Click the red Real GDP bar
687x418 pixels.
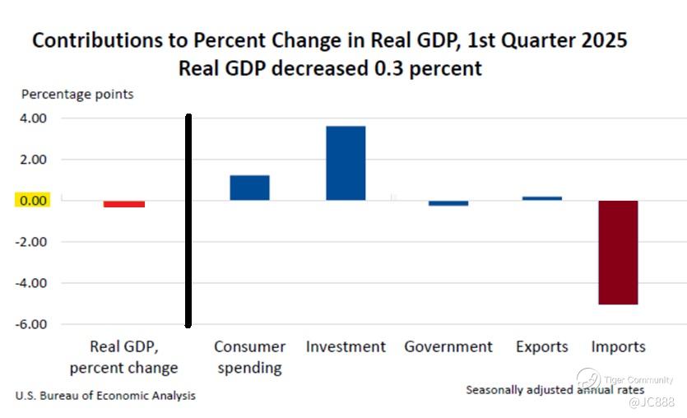click(124, 204)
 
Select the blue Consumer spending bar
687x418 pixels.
click(249, 188)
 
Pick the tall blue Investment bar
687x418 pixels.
click(346, 163)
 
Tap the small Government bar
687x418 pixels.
click(448, 203)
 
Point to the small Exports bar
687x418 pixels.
click(542, 198)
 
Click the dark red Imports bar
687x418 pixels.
click(618, 252)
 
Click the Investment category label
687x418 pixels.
click(346, 347)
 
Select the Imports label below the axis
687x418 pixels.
click(618, 347)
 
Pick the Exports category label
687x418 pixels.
click(542, 347)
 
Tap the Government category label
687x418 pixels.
click(448, 347)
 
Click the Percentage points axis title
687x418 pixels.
click(77, 94)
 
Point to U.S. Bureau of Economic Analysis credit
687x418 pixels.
click(105, 396)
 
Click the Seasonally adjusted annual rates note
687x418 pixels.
click(555, 389)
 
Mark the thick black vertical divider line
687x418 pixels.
click(188, 221)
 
